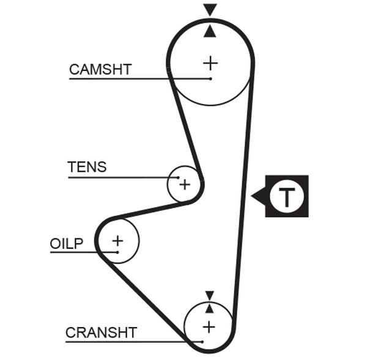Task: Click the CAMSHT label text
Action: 100,69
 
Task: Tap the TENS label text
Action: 86,167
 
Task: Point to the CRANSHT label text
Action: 101,333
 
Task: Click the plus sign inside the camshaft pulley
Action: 210,62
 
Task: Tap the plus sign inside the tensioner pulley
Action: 185,184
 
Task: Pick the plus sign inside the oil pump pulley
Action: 117,240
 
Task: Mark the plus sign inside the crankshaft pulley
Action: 209,326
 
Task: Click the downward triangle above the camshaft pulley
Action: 210,9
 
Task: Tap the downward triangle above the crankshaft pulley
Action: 209,295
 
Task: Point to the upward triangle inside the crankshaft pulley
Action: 209,308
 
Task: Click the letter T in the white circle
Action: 287,197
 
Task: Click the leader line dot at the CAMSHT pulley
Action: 210,79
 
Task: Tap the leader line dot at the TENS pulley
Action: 179,178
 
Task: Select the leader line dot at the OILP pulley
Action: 116,252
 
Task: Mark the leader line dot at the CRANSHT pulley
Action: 201,341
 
